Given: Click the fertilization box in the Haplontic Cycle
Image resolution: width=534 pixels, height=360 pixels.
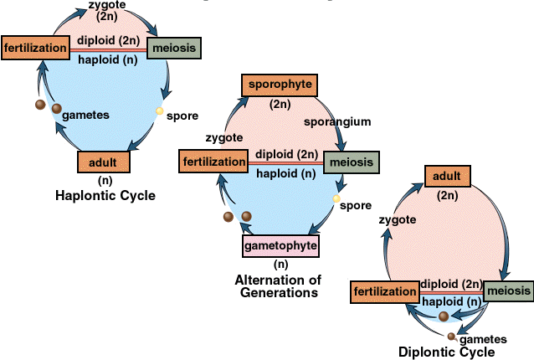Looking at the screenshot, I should coord(34,49).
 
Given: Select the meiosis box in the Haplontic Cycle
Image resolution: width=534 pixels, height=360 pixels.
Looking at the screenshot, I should coord(174,49).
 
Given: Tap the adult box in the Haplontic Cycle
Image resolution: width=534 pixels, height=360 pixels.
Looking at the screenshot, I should coord(104,162).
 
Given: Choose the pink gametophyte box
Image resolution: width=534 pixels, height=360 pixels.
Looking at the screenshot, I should coord(281,246).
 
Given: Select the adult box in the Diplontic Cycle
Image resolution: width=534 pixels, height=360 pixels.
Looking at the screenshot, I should coord(447,177).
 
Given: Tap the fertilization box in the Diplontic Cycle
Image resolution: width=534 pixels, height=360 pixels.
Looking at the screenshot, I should coord(385,292).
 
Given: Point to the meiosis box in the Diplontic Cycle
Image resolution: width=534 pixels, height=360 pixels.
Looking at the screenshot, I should coord(508,291).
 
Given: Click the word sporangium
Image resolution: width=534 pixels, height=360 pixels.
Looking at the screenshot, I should coord(337,121).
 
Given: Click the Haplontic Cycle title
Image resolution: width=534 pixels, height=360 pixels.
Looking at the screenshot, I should coord(105,196).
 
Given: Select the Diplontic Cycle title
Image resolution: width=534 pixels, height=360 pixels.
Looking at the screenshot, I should coord(447,352).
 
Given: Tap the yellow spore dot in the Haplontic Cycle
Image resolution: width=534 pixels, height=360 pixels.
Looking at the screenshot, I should coord(159,111).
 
